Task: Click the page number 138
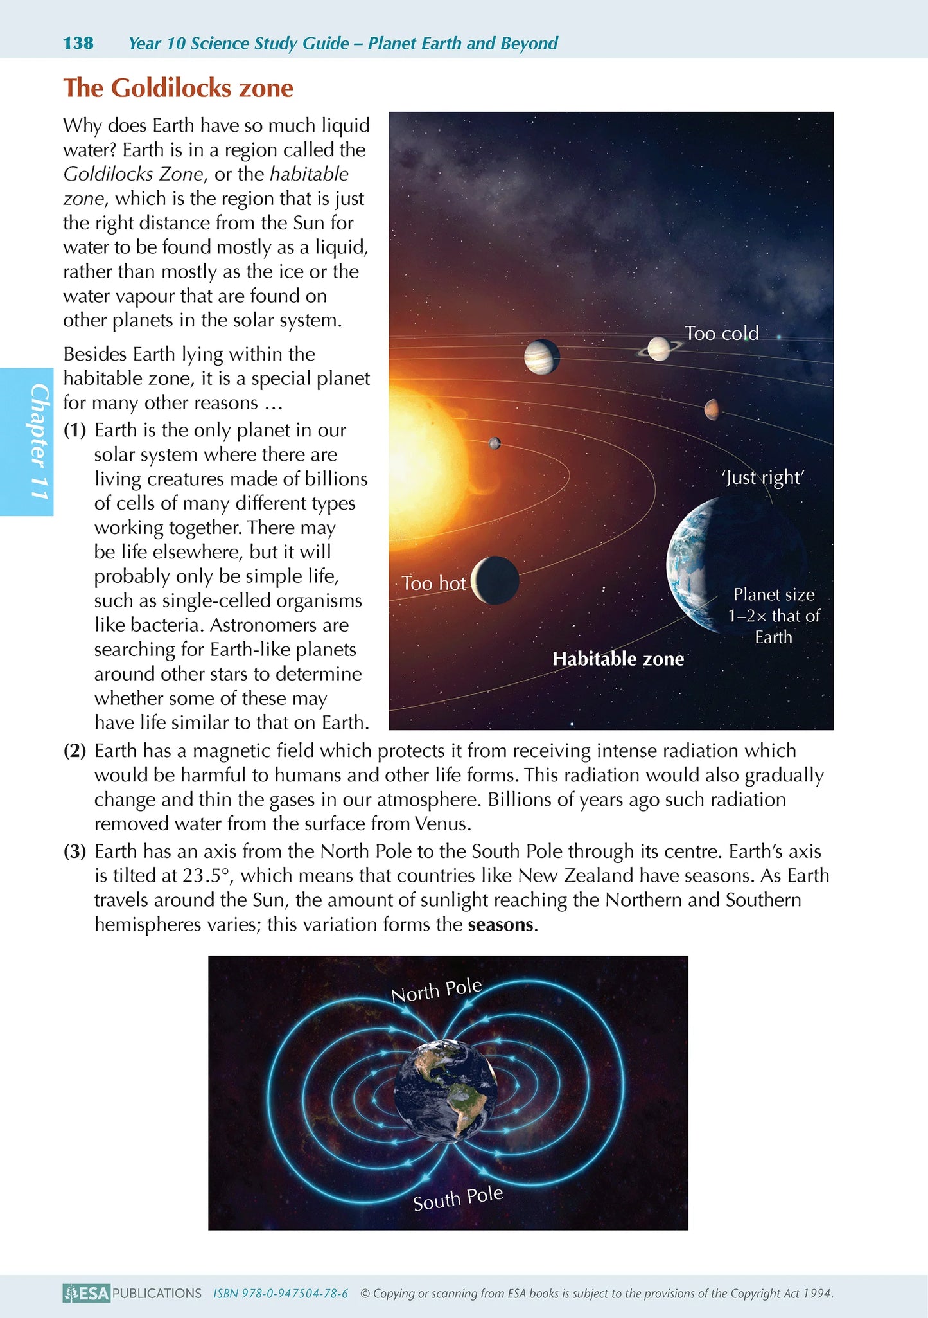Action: (78, 43)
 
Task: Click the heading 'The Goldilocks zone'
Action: (178, 88)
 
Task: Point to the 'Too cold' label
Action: (721, 333)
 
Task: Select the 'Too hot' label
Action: (433, 583)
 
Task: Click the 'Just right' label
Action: (763, 477)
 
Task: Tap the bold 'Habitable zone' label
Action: (618, 659)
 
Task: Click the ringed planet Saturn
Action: (659, 349)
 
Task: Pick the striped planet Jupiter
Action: (541, 357)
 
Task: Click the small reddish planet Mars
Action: (711, 409)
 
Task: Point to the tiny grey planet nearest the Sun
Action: (494, 443)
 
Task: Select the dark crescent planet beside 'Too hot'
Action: (495, 580)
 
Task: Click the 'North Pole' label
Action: (437, 990)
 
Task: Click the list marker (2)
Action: (74, 751)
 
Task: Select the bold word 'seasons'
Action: (501, 925)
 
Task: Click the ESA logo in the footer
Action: (87, 1293)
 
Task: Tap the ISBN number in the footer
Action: (281, 1293)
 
